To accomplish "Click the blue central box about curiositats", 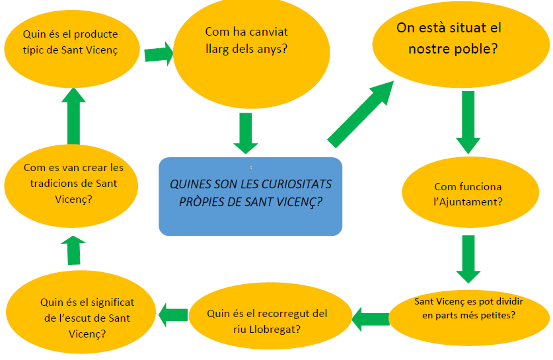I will click(x=250, y=196).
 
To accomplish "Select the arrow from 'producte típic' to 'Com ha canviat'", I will click(x=159, y=54).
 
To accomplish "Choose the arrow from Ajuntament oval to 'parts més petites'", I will click(x=468, y=258).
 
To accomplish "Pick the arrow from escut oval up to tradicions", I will click(x=73, y=252).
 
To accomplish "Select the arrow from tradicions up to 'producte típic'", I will click(x=73, y=116).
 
